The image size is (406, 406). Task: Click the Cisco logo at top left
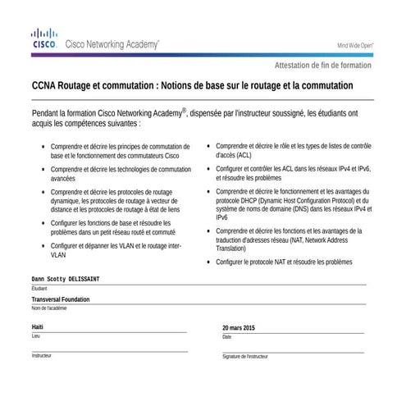43,38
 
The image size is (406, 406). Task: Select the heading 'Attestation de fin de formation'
322,65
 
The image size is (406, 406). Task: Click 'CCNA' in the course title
45,85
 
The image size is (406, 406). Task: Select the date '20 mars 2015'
239,328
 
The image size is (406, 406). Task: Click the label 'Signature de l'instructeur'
244,357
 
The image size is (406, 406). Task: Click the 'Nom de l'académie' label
49,308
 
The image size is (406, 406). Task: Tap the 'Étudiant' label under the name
39,289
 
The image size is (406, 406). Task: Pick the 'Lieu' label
35,335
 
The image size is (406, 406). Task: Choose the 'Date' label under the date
227,336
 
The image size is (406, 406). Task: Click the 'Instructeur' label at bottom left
41,355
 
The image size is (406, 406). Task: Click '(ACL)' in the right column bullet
244,153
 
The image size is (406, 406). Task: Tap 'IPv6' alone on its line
222,217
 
